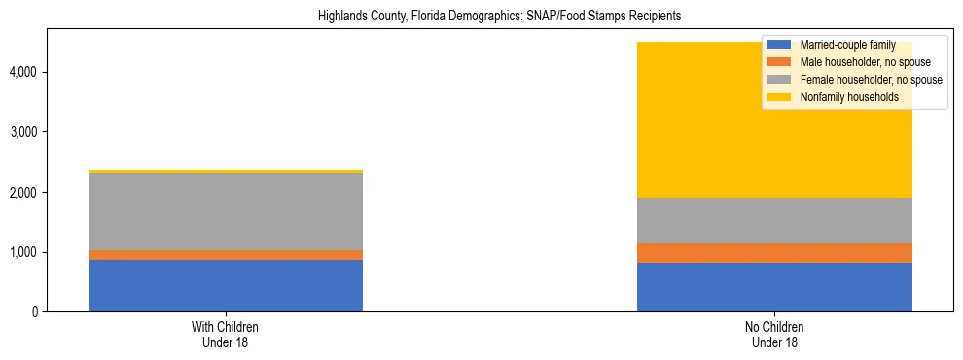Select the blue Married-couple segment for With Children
[226, 285]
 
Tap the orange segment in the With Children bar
[226, 255]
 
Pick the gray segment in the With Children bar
[226, 211]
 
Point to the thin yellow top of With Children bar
[226, 171]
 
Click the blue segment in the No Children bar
[774, 287]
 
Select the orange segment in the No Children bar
[774, 253]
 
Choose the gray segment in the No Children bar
[774, 221]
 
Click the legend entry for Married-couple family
[847, 45]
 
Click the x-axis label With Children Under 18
[226, 335]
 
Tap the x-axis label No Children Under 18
[774, 335]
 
